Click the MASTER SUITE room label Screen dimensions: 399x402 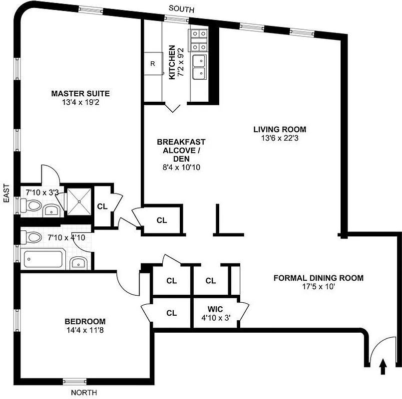click(x=80, y=93)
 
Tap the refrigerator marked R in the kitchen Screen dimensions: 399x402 click(x=153, y=63)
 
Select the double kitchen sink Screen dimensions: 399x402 click(x=201, y=67)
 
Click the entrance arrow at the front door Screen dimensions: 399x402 click(x=383, y=368)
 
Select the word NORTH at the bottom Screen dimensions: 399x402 click(x=84, y=393)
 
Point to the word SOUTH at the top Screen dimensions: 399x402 click(x=181, y=9)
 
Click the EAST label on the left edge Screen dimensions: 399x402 click(x=6, y=193)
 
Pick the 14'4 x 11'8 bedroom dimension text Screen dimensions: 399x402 click(x=84, y=330)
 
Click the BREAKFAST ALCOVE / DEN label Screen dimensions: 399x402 click(x=180, y=150)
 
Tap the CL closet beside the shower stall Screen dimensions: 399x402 click(x=102, y=205)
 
